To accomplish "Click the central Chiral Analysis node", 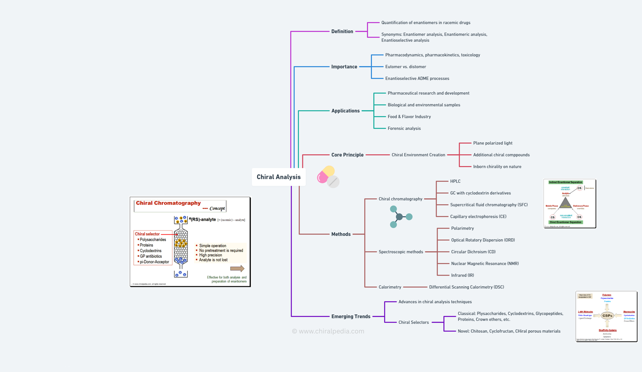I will pos(279,177).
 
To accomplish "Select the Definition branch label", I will pos(342,31).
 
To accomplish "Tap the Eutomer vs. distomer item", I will pos(405,67).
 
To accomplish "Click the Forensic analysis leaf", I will pos(404,128).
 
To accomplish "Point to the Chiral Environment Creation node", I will pos(418,155).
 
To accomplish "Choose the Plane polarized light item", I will pos(492,143).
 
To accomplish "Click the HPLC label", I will pos(455,181).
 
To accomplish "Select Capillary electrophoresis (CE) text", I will pos(478,217).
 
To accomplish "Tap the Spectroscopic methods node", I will pos(401,252).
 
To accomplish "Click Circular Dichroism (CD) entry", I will pos(473,252).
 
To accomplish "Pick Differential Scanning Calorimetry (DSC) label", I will pos(466,287).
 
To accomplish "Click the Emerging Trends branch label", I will pos(351,316).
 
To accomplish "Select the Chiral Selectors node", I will pos(413,322).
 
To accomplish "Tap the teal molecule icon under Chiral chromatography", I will pos(399,217).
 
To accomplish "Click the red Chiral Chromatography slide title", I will pos(168,203).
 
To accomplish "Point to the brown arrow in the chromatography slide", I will pos(237,269).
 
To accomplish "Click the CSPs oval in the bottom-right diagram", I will pos(607,315).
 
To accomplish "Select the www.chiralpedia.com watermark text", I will pos(328,331).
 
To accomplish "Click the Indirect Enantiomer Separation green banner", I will pos(566,182).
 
